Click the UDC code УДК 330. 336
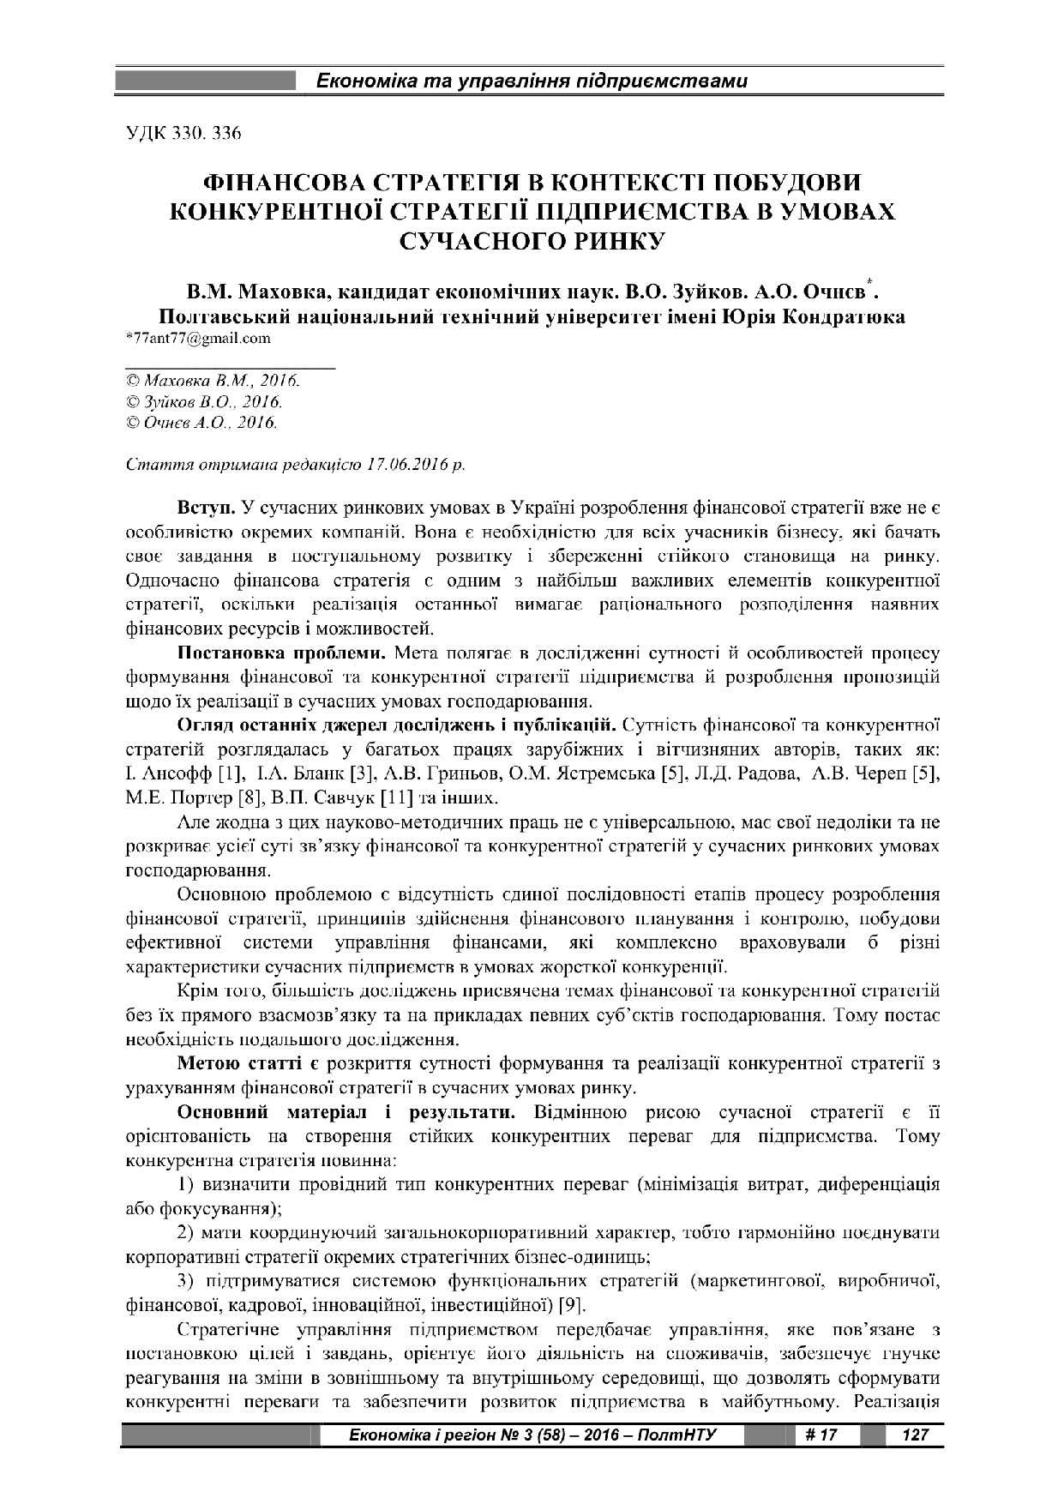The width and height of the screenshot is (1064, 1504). tap(183, 134)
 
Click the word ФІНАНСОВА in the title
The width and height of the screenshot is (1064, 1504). tap(293, 183)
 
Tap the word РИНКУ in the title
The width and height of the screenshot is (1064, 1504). tap(601, 239)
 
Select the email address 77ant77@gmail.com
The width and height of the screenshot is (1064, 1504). tap(199, 338)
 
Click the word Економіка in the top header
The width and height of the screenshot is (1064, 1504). tap(365, 82)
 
